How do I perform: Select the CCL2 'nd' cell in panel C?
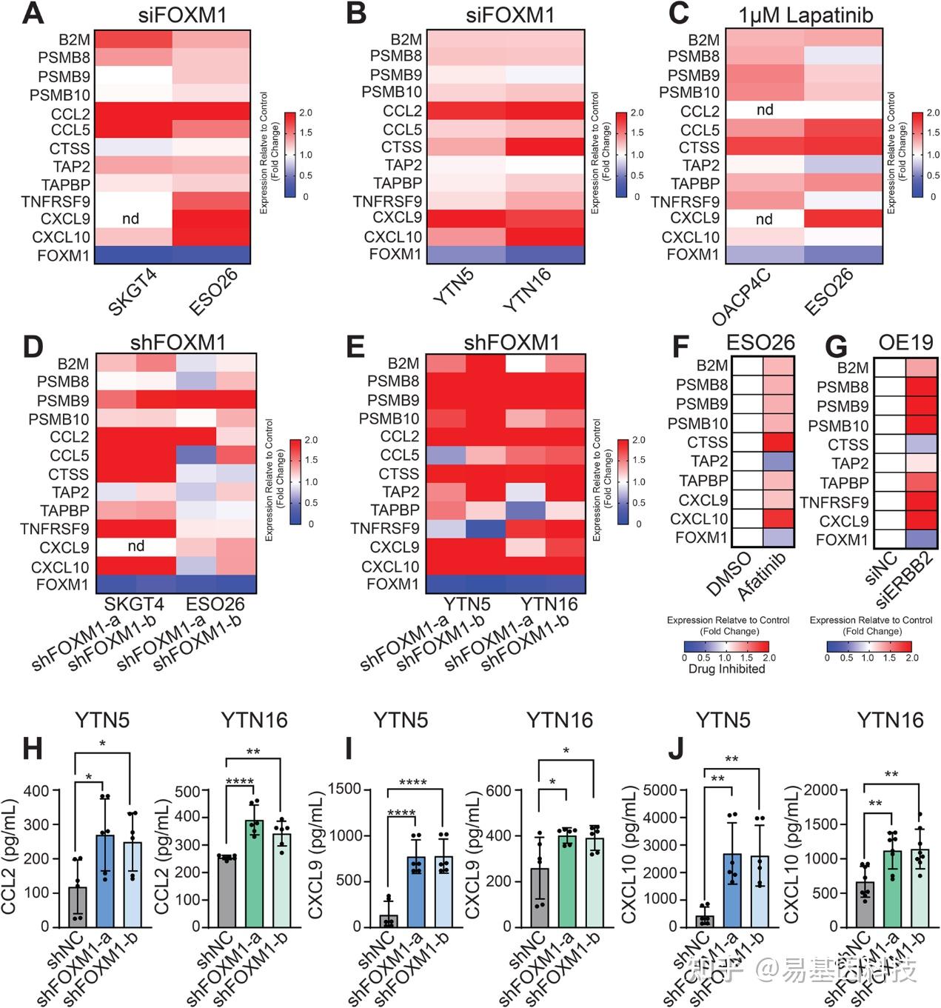click(765, 110)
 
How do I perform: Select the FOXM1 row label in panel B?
click(395, 255)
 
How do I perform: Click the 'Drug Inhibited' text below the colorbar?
click(726, 669)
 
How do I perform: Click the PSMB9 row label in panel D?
click(64, 401)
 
